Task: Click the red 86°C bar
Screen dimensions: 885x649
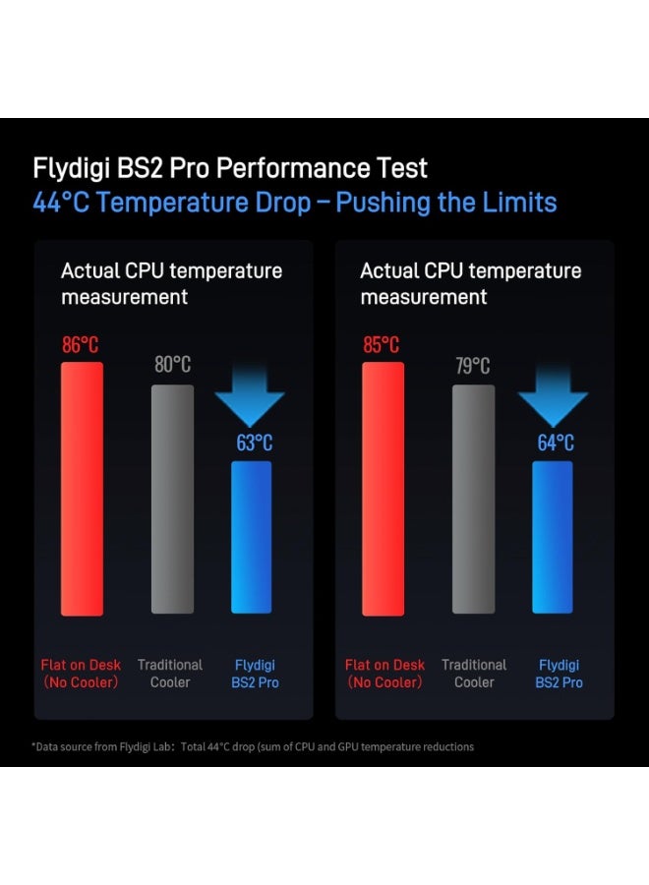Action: pos(82,489)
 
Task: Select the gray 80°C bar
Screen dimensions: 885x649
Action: pos(172,499)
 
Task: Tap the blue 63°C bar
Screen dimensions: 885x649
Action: pos(251,537)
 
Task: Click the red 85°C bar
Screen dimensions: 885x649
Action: pos(383,489)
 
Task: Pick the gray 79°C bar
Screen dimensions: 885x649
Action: pos(473,499)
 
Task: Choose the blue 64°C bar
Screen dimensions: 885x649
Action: pos(552,537)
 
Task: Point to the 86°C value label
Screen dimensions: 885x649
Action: pos(80,345)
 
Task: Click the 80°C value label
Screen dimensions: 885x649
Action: pos(172,365)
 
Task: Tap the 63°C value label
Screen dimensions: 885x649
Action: pos(254,442)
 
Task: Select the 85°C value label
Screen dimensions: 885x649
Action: pos(381,345)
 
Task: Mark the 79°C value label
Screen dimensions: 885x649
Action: pos(473,366)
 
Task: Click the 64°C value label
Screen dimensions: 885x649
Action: pos(556,442)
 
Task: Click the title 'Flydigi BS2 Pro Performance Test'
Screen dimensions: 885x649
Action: pos(230,168)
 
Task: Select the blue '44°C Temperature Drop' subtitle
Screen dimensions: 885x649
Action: pos(295,204)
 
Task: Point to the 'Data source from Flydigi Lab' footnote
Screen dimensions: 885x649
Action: pos(253,746)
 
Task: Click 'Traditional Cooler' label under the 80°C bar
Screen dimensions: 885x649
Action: pos(170,674)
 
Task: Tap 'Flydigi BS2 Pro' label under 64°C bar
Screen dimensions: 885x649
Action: pos(559,674)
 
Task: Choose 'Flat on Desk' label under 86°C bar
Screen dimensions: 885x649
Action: pos(81,674)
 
